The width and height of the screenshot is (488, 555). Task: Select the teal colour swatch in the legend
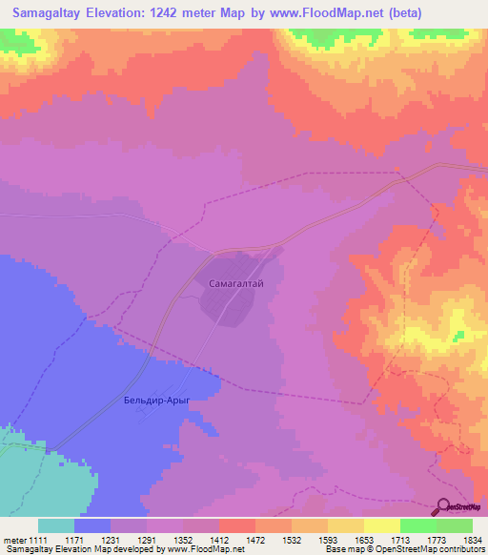55,525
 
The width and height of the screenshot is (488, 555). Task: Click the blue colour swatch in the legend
91,525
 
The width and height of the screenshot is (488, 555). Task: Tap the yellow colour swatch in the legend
382,525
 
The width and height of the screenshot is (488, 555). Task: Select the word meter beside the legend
15,541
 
